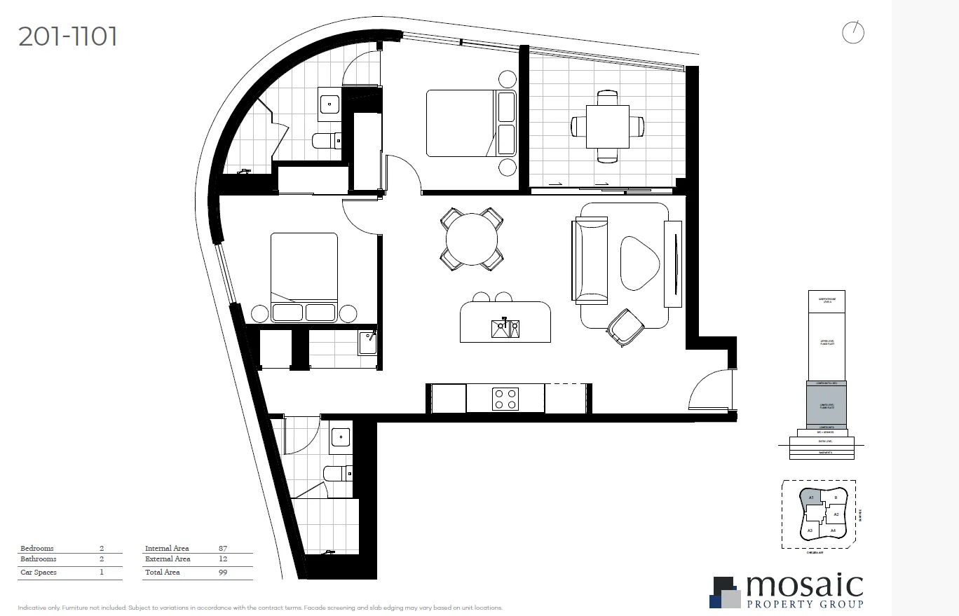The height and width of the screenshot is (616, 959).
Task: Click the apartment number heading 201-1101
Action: (x=68, y=36)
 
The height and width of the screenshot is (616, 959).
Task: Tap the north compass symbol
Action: (x=852, y=32)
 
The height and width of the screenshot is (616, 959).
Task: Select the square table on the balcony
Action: (x=607, y=126)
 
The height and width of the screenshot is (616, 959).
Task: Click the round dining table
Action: (x=472, y=240)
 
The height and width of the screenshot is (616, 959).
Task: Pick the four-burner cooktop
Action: (x=505, y=398)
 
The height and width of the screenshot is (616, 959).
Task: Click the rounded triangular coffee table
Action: (x=639, y=262)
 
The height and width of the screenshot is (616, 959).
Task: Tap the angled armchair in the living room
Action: (x=625, y=327)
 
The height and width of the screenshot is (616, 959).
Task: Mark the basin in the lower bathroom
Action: (x=341, y=437)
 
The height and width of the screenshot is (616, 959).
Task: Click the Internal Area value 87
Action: (x=223, y=549)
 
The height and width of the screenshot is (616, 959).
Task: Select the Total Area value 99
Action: (x=223, y=573)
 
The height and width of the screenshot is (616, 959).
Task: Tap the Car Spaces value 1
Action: (x=102, y=573)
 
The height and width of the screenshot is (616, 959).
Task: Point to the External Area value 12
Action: (x=223, y=559)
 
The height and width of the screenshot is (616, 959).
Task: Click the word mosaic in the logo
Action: (x=803, y=587)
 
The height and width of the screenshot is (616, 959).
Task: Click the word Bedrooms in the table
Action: (x=37, y=549)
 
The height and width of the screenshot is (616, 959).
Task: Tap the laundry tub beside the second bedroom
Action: (x=368, y=343)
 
